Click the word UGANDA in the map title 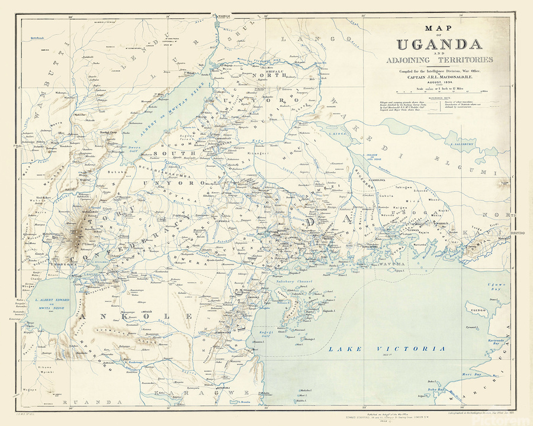[x=438, y=45]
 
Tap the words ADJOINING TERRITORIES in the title [x=438, y=60]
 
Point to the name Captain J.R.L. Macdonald [x=438, y=76]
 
